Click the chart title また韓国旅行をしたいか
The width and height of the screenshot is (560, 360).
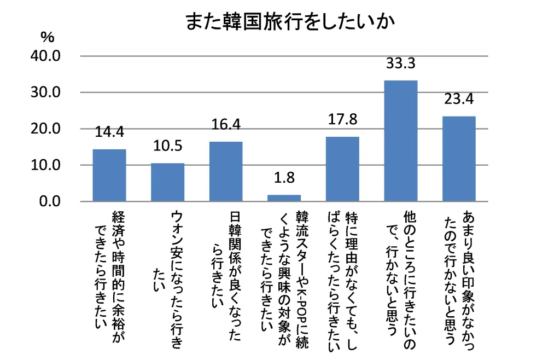[x=290, y=22]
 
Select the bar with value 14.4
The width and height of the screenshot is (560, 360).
[x=109, y=176]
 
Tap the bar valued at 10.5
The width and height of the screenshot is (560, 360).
[x=167, y=182]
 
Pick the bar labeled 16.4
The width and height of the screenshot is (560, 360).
[x=226, y=171]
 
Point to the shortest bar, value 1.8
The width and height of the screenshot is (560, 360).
[x=284, y=198]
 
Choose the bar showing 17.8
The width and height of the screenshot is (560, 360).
[x=342, y=169]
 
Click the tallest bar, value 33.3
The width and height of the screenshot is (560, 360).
[x=401, y=141]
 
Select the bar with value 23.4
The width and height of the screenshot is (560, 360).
[x=459, y=159]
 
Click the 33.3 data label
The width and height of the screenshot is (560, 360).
[x=401, y=63]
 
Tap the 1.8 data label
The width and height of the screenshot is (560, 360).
[x=284, y=178]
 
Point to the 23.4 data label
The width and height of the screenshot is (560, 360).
[x=459, y=99]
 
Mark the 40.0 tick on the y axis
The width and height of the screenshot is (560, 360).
[x=45, y=56]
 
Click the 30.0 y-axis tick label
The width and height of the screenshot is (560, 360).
[x=45, y=92]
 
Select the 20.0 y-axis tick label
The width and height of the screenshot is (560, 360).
[x=45, y=129]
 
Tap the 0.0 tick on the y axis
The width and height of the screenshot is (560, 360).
[x=50, y=201]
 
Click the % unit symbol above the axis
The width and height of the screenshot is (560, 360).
[x=48, y=37]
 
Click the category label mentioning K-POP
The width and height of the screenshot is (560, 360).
[x=284, y=279]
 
